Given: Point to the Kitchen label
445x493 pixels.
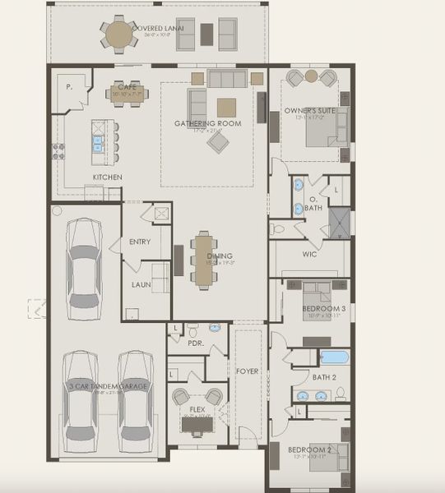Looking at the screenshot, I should [x=108, y=177].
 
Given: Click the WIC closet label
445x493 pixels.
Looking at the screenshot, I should [x=309, y=255].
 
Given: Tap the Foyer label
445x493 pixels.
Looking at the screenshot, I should [x=247, y=371].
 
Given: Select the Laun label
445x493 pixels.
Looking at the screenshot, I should [x=141, y=284].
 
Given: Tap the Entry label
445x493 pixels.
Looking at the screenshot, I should [x=140, y=242].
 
